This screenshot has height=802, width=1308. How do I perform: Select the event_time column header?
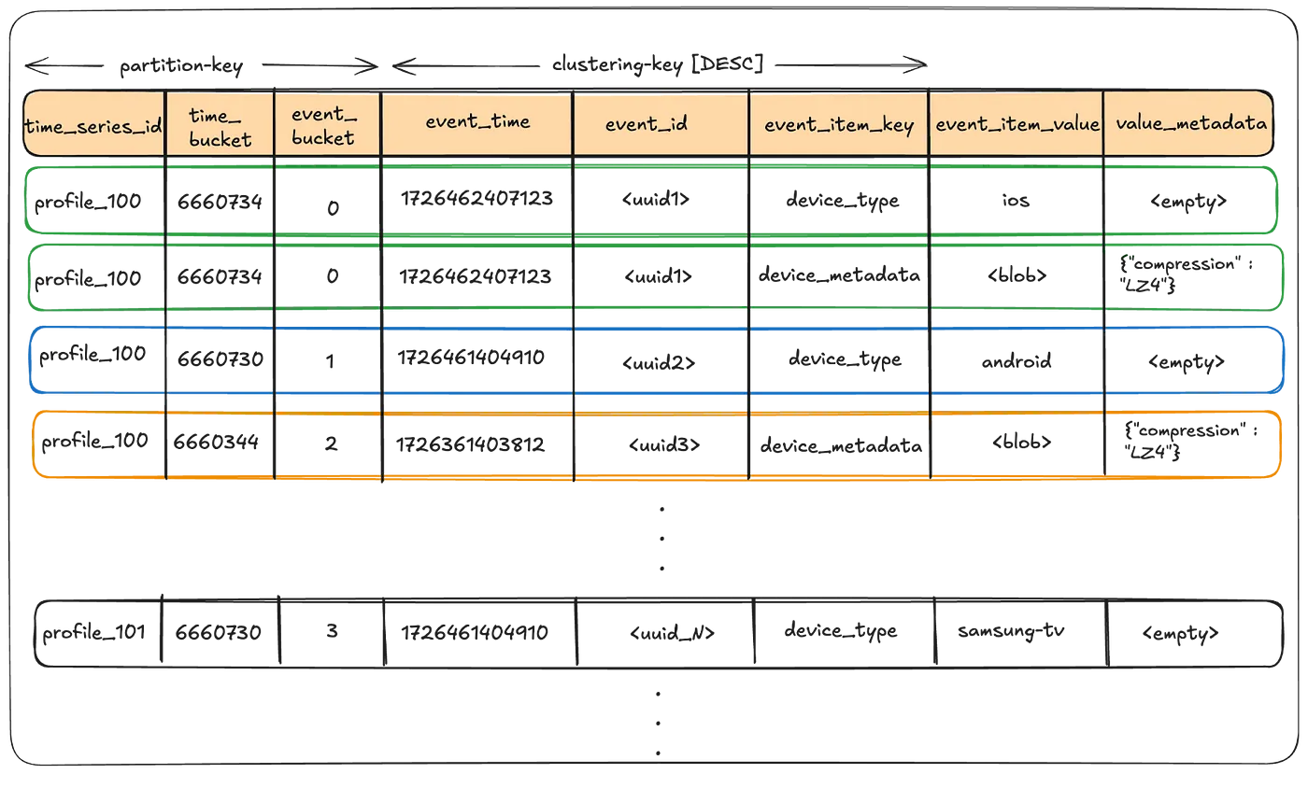pos(477,121)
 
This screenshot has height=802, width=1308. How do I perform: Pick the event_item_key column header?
pos(839,126)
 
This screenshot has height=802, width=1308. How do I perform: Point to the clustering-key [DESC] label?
pos(658,64)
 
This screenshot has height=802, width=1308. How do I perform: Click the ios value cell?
pos(1015,200)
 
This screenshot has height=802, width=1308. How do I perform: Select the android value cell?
pos(1016,360)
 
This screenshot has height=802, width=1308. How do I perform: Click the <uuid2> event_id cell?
pos(659,361)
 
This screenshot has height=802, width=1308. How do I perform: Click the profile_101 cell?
pos(93,633)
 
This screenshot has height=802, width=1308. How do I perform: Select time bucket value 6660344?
pos(216,441)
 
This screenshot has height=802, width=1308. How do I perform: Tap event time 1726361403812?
pos(471,444)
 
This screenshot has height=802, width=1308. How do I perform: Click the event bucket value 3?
pos(332,632)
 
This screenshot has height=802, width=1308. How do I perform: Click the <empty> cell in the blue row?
pos(1186,361)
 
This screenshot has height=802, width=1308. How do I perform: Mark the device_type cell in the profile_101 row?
pos(841,630)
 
